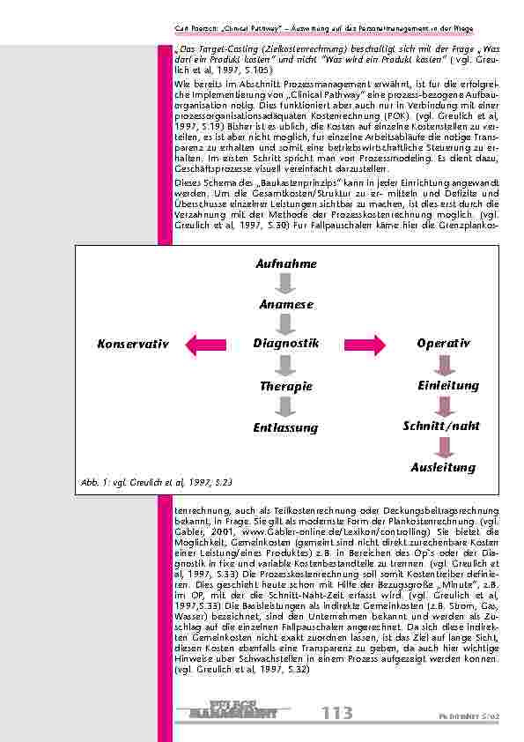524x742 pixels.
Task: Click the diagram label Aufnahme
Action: [285, 263]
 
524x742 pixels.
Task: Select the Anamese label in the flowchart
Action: [285, 304]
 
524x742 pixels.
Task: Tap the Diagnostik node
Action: [285, 343]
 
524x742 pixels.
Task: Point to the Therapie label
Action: [285, 386]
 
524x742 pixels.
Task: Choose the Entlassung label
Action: [285, 427]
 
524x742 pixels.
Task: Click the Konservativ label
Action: [133, 344]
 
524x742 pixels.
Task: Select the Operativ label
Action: [443, 343]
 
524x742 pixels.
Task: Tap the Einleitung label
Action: [447, 385]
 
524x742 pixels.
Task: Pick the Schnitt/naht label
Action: [442, 426]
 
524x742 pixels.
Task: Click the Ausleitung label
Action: [443, 467]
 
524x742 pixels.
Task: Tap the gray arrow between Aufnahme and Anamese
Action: [285, 284]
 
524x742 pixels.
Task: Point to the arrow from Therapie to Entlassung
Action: [285, 406]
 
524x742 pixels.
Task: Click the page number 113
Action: [339, 711]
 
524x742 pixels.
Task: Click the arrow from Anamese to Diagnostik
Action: [285, 323]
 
